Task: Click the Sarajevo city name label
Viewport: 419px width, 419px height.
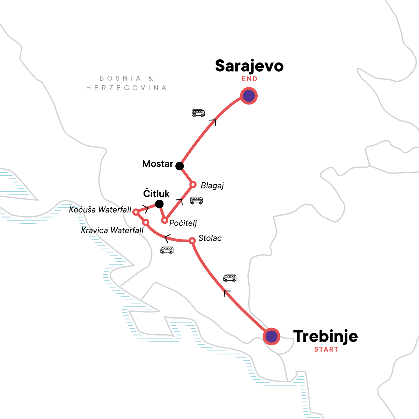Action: click(x=249, y=66)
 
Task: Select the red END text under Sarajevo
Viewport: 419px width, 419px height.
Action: click(x=249, y=79)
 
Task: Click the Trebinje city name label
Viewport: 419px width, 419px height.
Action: click(x=325, y=336)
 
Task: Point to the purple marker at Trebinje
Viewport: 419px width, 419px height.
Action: click(x=271, y=337)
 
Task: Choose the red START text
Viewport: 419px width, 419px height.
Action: click(x=326, y=350)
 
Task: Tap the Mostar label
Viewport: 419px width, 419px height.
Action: click(x=158, y=164)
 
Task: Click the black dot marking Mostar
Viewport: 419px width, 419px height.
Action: click(x=179, y=166)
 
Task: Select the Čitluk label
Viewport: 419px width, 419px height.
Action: click(x=156, y=194)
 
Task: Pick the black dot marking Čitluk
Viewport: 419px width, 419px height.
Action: click(x=159, y=204)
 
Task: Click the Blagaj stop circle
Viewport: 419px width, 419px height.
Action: click(x=192, y=184)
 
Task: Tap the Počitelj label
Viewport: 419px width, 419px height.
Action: click(x=183, y=223)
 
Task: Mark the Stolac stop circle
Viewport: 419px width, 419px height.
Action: click(x=192, y=241)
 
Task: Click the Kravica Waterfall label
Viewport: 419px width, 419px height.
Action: click(x=112, y=230)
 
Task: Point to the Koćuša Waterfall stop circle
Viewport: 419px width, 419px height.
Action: click(x=136, y=212)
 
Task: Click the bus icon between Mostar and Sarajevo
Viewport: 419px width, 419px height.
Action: click(x=198, y=113)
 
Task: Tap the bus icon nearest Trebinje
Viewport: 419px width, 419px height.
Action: click(x=230, y=278)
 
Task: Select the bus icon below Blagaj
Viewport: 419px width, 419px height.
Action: click(x=196, y=201)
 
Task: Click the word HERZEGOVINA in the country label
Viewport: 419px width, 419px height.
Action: click(x=126, y=88)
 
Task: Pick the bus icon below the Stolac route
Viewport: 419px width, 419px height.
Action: click(x=167, y=250)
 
